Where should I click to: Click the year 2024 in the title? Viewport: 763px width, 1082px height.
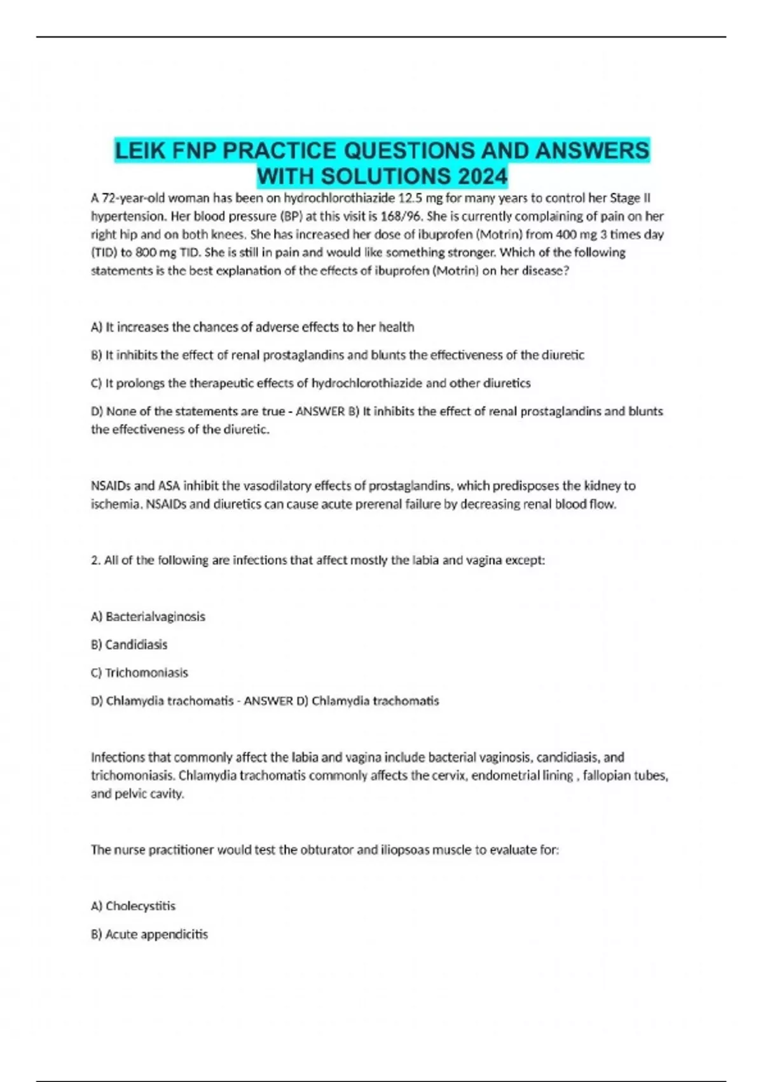pos(479,176)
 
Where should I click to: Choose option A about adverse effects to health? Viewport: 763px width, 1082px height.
pos(252,327)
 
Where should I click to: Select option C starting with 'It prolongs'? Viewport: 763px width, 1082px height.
pos(310,383)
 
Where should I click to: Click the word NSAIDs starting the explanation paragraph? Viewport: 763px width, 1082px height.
pos(111,486)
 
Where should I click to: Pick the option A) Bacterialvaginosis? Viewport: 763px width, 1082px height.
pos(148,617)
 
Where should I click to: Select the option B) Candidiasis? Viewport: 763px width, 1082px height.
pos(129,645)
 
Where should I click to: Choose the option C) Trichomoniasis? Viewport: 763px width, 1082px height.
pos(139,673)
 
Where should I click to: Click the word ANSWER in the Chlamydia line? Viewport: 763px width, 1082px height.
pos(268,701)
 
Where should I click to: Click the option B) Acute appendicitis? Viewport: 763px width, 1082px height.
pos(149,934)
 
